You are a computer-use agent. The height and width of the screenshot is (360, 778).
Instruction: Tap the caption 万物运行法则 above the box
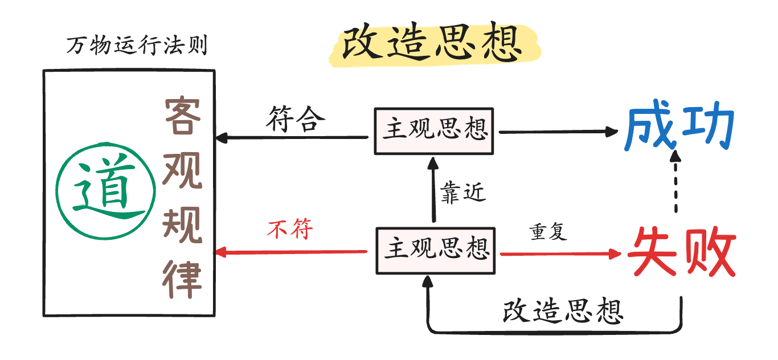click(136, 46)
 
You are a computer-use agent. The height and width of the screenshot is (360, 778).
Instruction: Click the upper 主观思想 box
click(435, 130)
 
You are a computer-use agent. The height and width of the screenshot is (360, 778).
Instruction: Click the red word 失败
click(681, 252)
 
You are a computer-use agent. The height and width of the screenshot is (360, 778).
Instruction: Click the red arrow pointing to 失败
click(558, 253)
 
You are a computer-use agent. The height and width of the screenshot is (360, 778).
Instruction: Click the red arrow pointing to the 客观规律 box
click(290, 252)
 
